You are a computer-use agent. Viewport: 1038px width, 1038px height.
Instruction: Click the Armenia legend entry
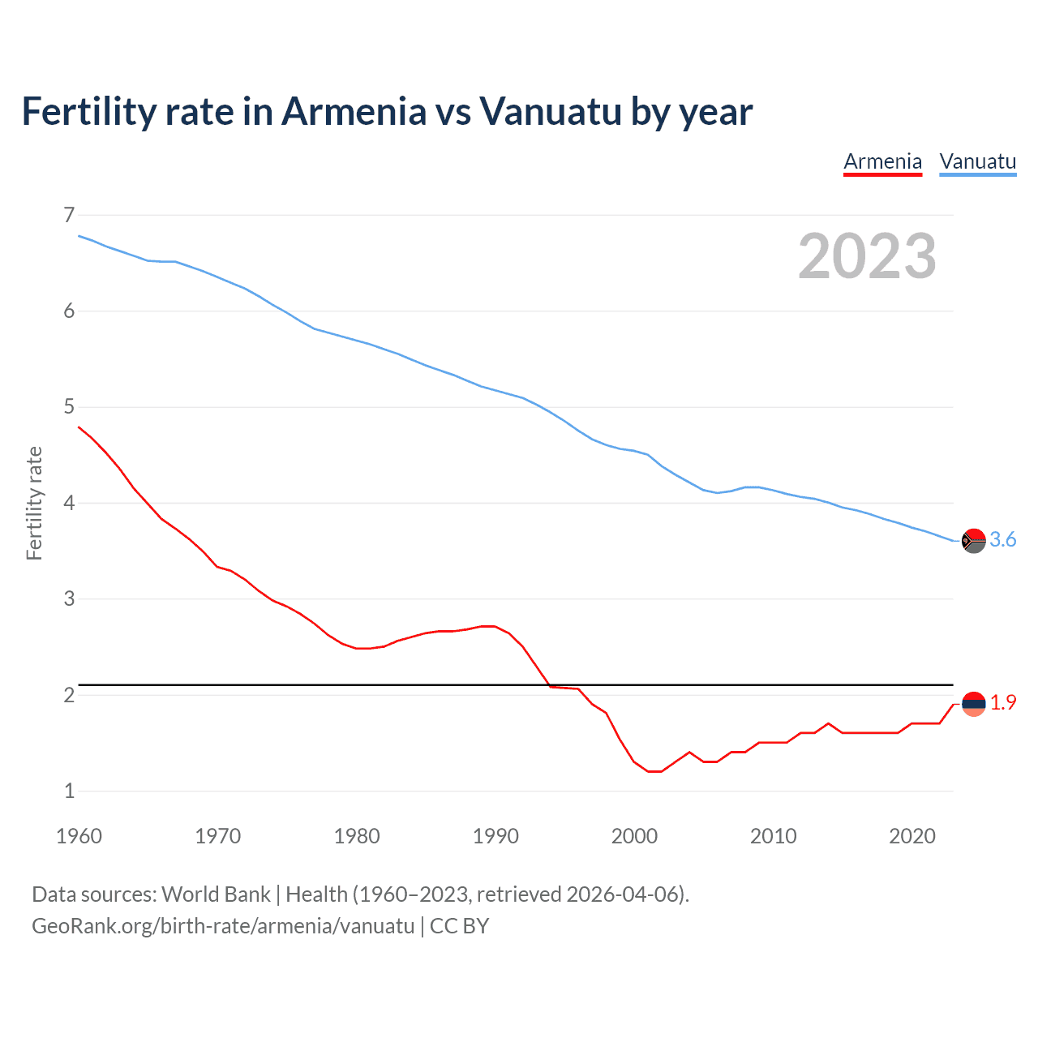click(x=882, y=161)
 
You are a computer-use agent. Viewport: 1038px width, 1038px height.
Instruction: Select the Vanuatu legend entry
click(x=977, y=161)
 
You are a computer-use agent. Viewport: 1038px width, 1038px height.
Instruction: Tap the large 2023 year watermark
click(x=867, y=256)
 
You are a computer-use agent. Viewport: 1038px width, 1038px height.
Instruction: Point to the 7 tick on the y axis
click(x=69, y=215)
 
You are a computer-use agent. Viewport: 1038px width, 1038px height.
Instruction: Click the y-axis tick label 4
click(x=69, y=503)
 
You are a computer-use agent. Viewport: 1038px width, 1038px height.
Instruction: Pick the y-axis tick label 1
click(x=69, y=791)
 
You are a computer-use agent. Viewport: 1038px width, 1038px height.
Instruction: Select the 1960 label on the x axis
click(x=79, y=836)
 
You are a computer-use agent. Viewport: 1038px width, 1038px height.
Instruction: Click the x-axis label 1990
click(x=495, y=836)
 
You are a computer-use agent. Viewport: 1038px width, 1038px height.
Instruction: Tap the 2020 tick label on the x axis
click(x=912, y=836)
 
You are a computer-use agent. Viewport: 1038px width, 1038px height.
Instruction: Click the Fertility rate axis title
click(x=34, y=503)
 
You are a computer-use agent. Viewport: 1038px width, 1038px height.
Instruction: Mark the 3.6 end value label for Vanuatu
click(x=1003, y=540)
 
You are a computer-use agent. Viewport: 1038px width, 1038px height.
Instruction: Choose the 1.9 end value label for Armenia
click(x=1003, y=703)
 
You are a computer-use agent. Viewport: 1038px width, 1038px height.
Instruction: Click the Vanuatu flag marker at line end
click(x=973, y=540)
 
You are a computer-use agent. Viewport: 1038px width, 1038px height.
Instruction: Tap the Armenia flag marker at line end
click(x=973, y=703)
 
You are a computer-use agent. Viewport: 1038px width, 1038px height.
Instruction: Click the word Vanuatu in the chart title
click(x=551, y=111)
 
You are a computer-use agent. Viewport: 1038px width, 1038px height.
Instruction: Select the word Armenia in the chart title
click(x=354, y=111)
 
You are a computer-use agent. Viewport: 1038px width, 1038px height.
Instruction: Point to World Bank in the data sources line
click(x=216, y=894)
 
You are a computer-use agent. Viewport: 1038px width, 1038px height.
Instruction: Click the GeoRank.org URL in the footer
click(x=223, y=926)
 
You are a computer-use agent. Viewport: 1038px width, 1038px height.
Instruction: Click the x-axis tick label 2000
click(x=634, y=836)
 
